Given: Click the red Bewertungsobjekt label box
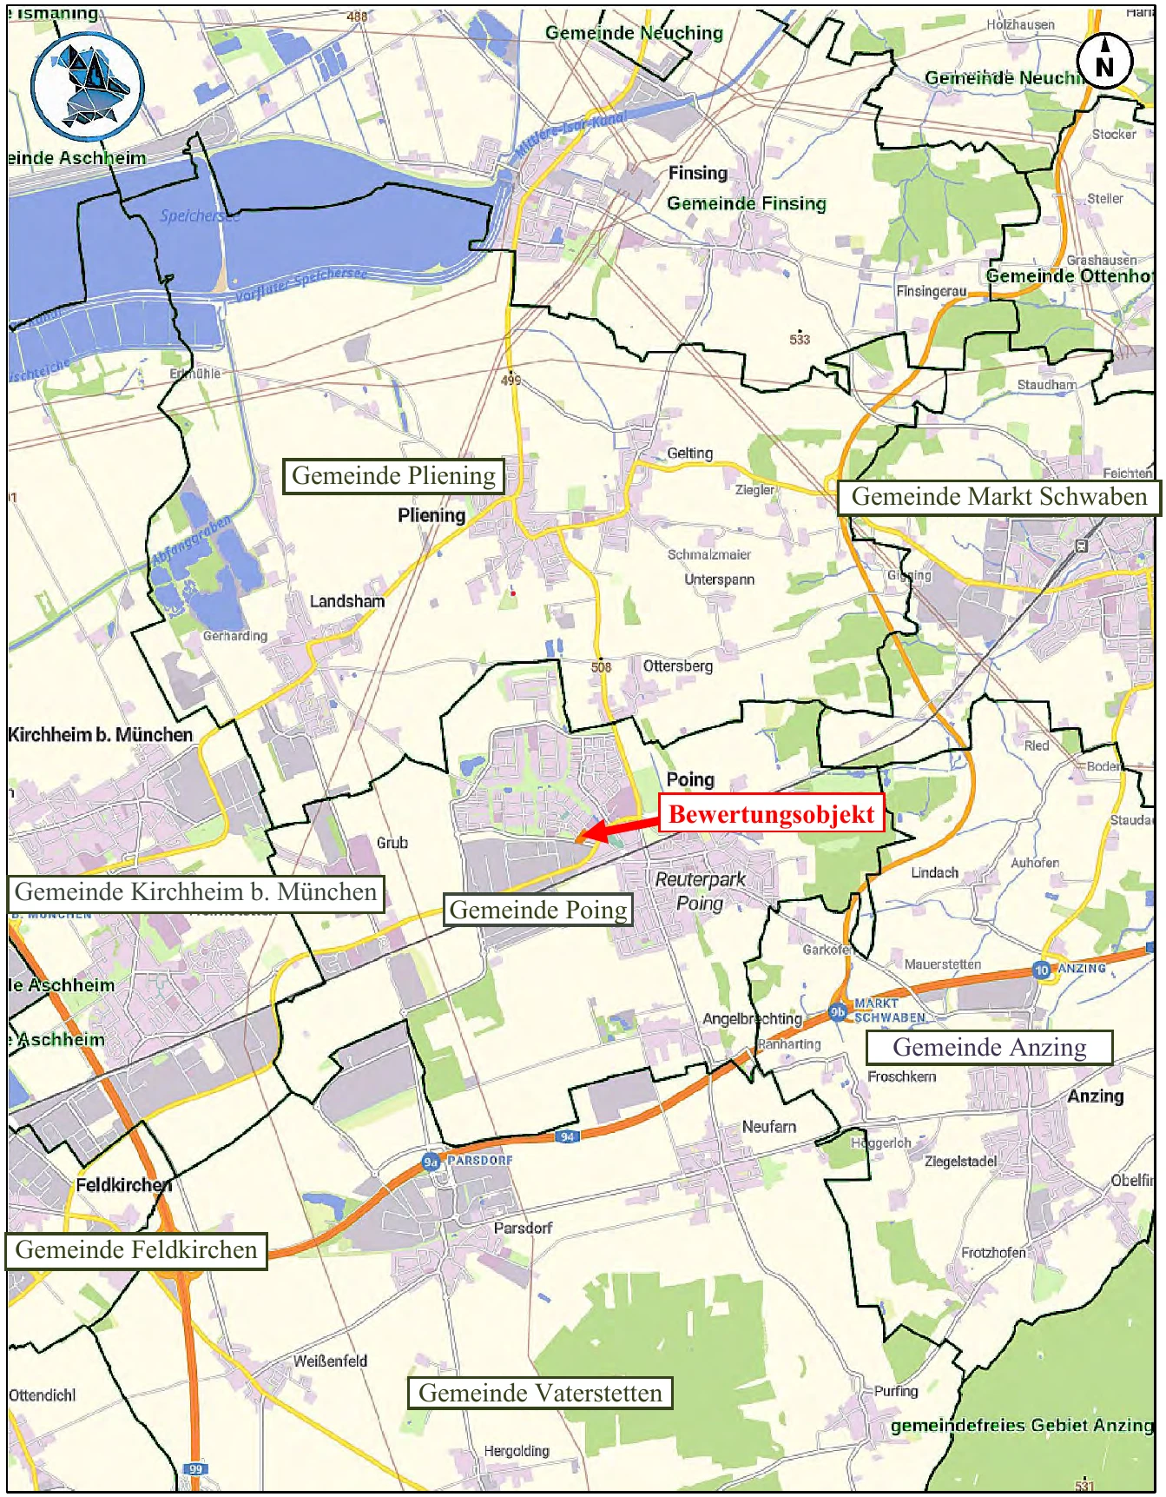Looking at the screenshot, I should point(771,814).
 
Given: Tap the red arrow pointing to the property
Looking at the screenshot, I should point(618,827).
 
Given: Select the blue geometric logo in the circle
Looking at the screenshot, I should point(88,86).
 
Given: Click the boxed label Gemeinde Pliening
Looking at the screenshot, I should point(393,476).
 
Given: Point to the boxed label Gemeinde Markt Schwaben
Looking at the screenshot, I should point(998,497).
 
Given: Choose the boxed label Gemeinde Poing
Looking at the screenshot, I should point(538,910).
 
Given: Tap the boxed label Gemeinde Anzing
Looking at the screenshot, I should point(989,1047).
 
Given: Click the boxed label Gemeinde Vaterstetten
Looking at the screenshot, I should point(540,1393).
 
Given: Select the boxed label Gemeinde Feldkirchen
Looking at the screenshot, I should point(136,1250).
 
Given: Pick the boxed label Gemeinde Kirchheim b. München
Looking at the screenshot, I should point(195,892).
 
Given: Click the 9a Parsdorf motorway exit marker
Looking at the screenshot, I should point(431,1162).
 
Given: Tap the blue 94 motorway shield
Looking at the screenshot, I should point(567,1136).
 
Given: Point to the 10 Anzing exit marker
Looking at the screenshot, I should point(1041,970).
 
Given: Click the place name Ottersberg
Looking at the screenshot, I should point(677,666).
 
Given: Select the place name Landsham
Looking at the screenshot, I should point(346,601).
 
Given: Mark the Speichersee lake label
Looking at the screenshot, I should point(199,215).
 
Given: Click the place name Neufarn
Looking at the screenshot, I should point(768,1127).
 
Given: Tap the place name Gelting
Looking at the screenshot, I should point(689,454).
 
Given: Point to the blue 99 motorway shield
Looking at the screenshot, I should point(195,1469).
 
